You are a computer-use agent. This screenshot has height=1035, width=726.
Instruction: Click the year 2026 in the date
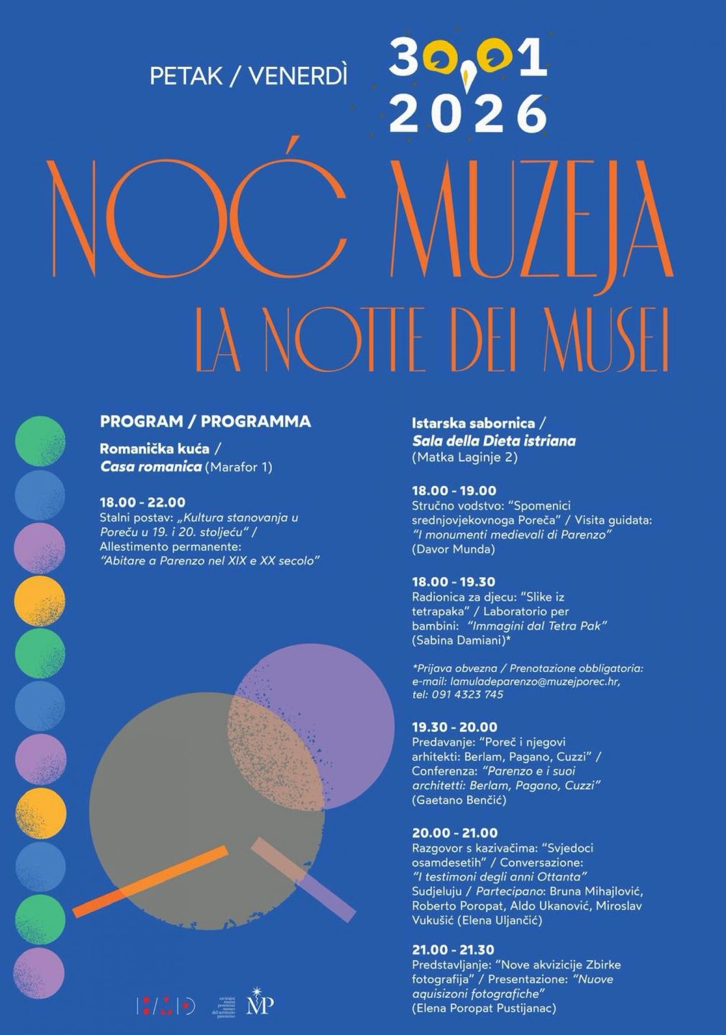468,113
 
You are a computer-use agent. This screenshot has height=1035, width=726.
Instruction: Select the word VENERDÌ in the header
298,76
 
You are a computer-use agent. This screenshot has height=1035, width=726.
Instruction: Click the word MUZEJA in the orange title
531,220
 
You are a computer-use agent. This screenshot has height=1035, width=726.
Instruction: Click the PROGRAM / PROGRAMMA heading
205,421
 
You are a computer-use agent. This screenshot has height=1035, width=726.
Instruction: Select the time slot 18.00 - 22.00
143,502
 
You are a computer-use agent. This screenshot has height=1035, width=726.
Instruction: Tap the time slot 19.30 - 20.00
454,727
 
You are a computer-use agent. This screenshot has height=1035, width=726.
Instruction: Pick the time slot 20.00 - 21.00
455,833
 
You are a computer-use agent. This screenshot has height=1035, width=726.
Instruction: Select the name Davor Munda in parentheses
453,549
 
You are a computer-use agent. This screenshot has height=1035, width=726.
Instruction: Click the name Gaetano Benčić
459,800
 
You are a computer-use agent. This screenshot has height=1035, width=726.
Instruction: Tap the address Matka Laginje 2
465,457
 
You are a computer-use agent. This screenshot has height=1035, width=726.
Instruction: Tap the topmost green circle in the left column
40,441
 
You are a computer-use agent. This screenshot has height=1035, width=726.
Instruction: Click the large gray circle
187,819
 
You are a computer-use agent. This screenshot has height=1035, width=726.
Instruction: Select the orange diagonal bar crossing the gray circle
150,881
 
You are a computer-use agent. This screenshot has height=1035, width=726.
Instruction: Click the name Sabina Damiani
459,640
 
